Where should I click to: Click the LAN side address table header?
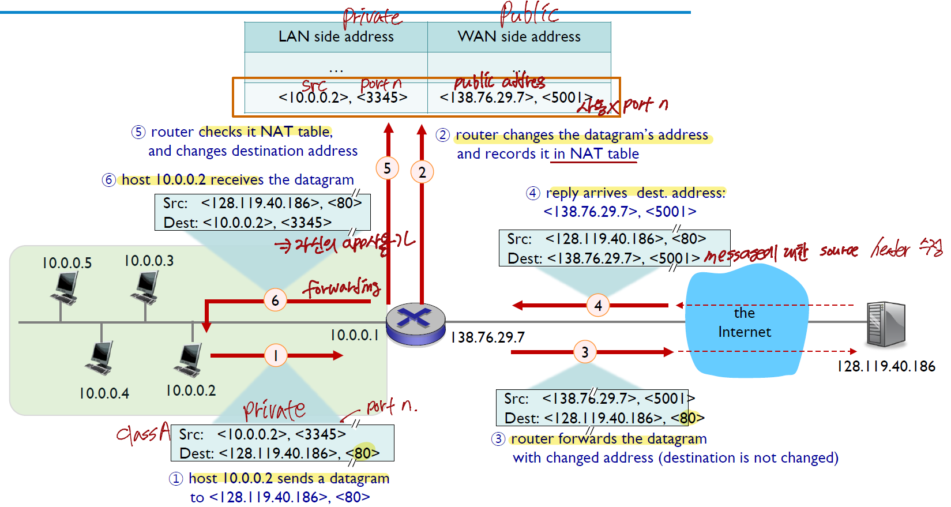point(336,37)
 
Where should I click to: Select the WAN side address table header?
point(519,37)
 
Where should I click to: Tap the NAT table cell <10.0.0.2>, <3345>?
point(343,97)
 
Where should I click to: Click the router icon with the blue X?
point(415,324)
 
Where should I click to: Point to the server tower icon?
point(886,324)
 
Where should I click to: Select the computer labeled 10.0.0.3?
point(145,287)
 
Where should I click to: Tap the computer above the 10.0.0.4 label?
point(100,358)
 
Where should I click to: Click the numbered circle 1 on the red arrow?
point(276,355)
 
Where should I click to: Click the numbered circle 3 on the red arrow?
point(585,352)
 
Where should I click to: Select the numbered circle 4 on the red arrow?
point(598,305)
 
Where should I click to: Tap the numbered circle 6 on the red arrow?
point(275,300)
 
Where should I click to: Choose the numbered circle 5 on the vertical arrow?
point(388,168)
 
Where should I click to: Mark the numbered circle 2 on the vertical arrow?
point(422,172)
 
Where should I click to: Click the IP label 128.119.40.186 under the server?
point(886,366)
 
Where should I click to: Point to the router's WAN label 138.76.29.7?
point(488,337)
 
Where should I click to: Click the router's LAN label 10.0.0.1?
point(354,335)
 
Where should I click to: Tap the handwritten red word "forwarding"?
point(343,287)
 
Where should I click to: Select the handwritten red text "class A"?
point(143,433)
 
